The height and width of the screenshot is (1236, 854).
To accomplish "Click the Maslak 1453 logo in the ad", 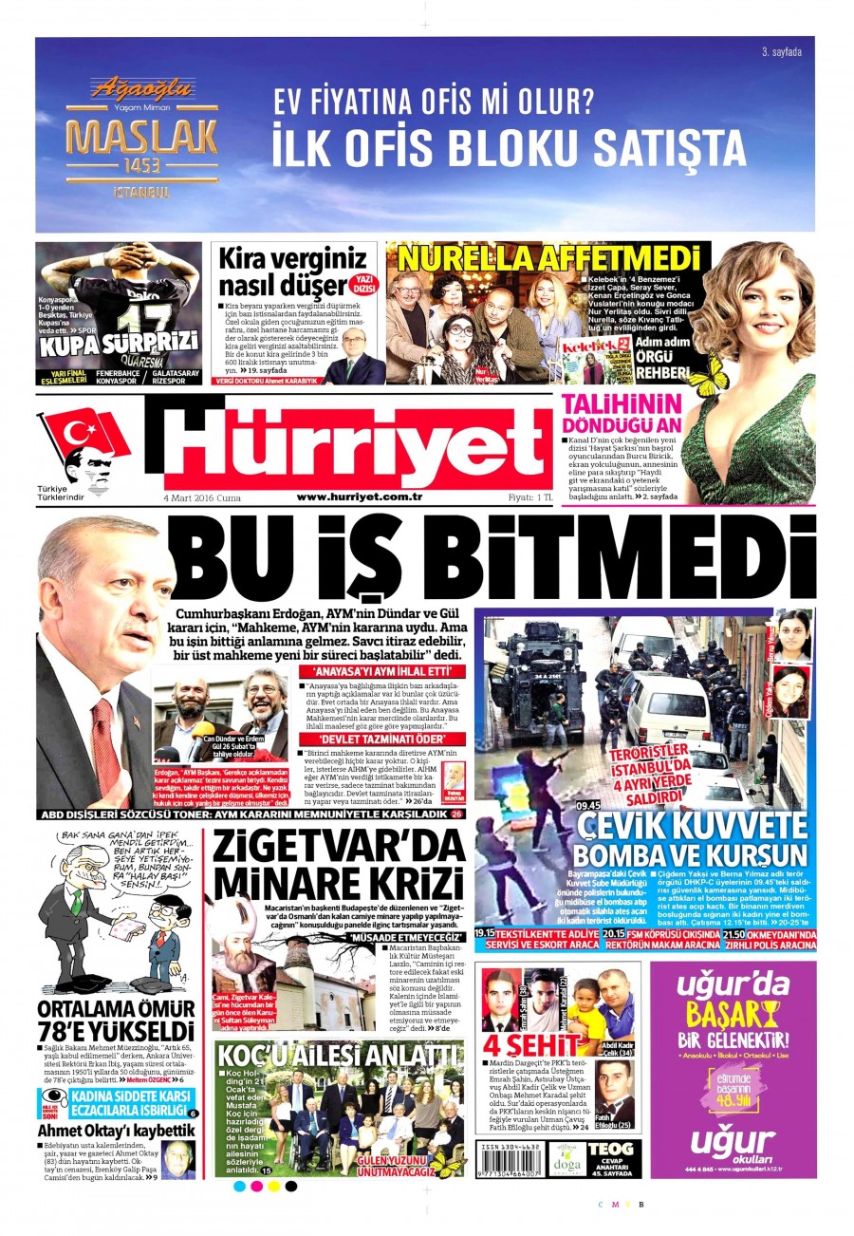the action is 141,140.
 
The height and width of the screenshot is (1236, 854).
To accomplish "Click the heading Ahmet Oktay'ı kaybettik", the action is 116,1130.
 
